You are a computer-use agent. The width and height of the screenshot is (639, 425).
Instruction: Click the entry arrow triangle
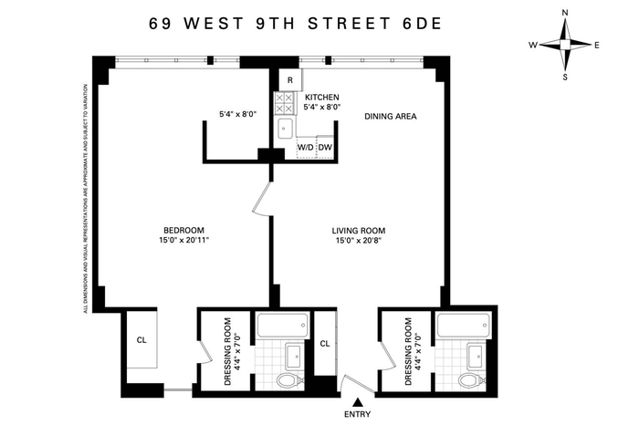(358, 402)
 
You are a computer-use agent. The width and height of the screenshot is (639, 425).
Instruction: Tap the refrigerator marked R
(290, 79)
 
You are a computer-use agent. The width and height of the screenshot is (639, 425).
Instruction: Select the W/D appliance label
(306, 148)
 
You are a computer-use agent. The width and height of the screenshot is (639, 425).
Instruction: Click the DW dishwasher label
(325, 148)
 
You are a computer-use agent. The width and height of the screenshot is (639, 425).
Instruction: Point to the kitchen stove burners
(284, 103)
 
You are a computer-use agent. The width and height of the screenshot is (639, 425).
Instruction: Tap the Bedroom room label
(183, 231)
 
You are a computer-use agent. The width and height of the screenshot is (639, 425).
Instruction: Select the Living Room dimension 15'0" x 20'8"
(359, 240)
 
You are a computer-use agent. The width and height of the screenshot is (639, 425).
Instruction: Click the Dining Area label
(391, 117)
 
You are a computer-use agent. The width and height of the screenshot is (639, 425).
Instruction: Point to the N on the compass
(565, 13)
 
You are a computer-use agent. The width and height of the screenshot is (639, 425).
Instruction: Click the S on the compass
(565, 77)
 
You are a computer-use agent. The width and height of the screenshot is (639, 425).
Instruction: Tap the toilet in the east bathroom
(471, 381)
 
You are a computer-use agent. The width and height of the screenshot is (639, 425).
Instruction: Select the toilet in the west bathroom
(290, 381)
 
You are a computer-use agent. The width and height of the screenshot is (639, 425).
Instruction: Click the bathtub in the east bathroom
(464, 325)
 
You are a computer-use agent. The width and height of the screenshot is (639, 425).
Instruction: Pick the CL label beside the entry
(325, 344)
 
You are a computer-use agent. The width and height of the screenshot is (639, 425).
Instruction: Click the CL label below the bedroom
(141, 340)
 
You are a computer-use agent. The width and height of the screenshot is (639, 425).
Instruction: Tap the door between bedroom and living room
(262, 198)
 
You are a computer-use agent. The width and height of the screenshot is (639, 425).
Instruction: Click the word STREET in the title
(348, 24)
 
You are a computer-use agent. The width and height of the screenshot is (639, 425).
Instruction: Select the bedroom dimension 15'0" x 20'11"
(183, 240)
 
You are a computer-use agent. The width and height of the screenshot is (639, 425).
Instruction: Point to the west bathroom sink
(293, 356)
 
